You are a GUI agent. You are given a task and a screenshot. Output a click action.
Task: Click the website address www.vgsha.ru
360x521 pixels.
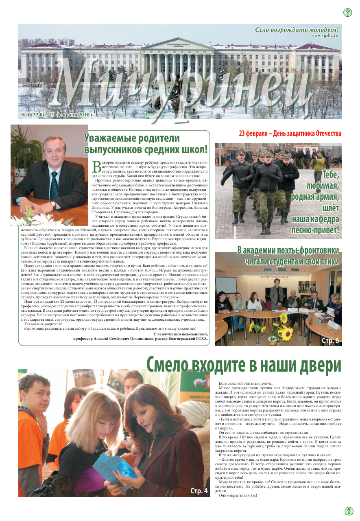pyautogui.click(x=324, y=35)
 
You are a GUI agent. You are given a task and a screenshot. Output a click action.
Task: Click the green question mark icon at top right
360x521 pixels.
pyautogui.click(x=348, y=12)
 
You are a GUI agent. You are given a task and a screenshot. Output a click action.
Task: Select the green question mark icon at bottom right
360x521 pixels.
pyautogui.click(x=349, y=511)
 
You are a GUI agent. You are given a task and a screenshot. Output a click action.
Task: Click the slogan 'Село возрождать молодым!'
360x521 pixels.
pyautogui.click(x=297, y=29)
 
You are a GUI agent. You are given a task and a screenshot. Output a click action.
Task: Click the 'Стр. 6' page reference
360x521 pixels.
pyautogui.click(x=330, y=340)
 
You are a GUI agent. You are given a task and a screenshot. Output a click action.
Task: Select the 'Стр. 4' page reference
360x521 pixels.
pyautogui.click(x=199, y=491)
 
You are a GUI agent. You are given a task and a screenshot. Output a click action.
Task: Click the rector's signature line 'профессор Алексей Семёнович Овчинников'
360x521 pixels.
pyautogui.click(x=140, y=338)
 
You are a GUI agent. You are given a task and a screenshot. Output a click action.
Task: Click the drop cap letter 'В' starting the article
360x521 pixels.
pyautogui.click(x=97, y=166)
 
